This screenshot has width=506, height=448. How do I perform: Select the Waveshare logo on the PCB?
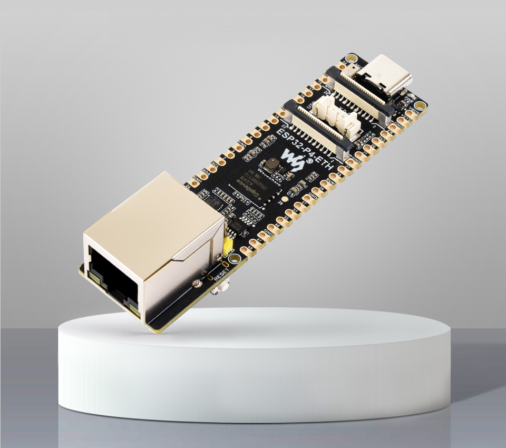pyautogui.click(x=293, y=161)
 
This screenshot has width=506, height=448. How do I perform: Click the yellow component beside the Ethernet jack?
pyautogui.click(x=228, y=245)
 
